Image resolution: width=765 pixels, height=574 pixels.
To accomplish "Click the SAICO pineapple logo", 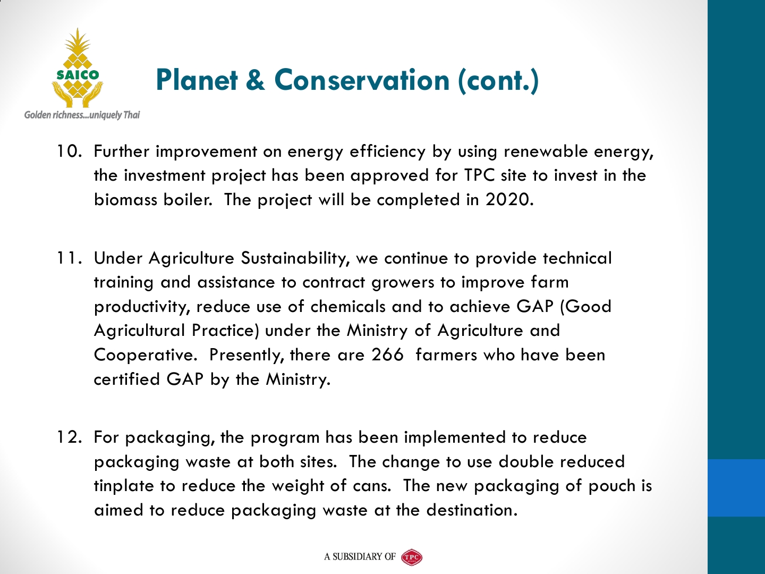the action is coord(78,68).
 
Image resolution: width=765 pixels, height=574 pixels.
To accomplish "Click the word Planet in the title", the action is coord(197,80).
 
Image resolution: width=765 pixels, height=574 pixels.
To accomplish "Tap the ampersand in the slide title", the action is coord(256,80).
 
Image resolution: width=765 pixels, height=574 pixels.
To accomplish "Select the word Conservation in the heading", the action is coord(362,80).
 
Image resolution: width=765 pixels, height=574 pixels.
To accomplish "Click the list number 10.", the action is coord(69,151).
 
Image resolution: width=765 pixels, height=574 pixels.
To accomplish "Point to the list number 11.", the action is coord(69,258).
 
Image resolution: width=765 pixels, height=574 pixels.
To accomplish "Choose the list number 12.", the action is coord(69,437).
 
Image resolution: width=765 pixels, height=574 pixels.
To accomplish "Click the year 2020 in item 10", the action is coord(509,200).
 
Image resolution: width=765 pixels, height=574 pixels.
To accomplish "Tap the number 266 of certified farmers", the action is coord(388,355).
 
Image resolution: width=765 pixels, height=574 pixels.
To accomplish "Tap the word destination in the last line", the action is coord(472,510).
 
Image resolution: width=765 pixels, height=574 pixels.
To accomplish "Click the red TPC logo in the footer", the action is coord(412,557).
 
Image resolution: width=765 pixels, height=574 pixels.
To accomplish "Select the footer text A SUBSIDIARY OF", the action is coord(360,557).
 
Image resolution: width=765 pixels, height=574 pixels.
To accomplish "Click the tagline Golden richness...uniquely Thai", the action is coord(82,115).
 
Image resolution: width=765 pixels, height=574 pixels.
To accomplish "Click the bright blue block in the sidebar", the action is coord(736,487).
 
